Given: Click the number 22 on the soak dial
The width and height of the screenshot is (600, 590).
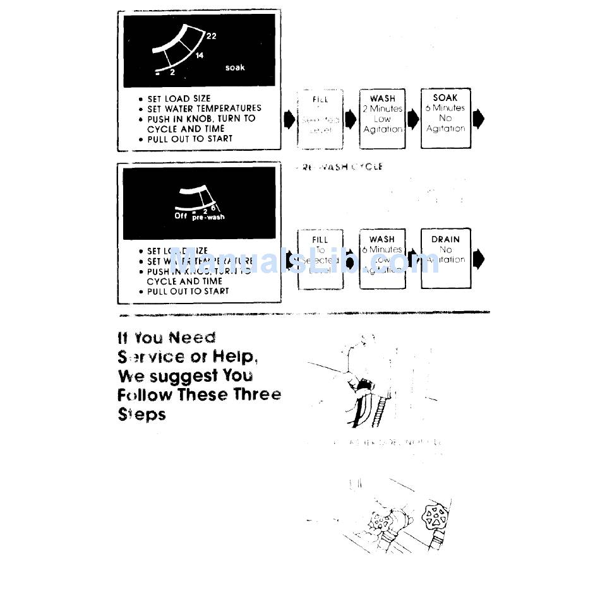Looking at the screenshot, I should pyautogui.click(x=211, y=36).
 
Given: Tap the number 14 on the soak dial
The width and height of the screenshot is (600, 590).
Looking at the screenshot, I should pyautogui.click(x=200, y=56).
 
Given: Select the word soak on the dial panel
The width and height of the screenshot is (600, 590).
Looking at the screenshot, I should pyautogui.click(x=235, y=68).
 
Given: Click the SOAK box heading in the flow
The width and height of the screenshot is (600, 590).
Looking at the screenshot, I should pyautogui.click(x=445, y=98).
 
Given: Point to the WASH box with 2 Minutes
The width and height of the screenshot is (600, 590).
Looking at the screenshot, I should pyautogui.click(x=383, y=118).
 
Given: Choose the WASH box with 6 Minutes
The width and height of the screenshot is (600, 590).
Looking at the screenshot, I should pyautogui.click(x=382, y=259).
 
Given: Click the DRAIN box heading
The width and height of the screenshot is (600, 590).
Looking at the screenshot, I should pyautogui.click(x=445, y=239).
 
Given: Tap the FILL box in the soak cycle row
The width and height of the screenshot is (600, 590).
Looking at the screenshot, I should pyautogui.click(x=320, y=118).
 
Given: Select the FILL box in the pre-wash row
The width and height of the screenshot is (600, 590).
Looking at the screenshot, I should pyautogui.click(x=320, y=259).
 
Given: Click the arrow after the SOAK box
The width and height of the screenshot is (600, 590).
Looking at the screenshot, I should pyautogui.click(x=479, y=119).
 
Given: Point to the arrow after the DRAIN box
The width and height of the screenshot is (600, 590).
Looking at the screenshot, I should pyautogui.click(x=479, y=259).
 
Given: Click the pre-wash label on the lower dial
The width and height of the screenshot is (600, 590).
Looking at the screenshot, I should pyautogui.click(x=208, y=217).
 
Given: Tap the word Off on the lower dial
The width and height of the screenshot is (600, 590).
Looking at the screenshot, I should pyautogui.click(x=181, y=216).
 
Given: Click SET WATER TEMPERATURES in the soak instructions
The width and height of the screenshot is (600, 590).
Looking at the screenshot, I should pyautogui.click(x=204, y=109).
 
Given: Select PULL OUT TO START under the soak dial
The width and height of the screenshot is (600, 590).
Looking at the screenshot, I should pyautogui.click(x=189, y=139).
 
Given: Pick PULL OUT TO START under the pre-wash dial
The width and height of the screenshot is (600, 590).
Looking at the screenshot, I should pyautogui.click(x=188, y=292).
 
